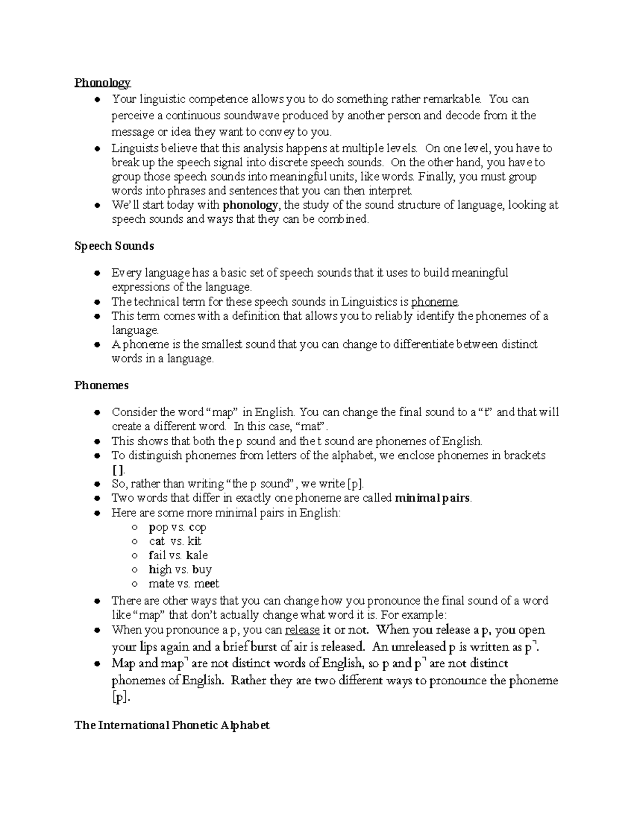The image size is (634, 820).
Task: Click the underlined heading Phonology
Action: (x=102, y=82)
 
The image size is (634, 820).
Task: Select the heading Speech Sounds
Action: (x=114, y=246)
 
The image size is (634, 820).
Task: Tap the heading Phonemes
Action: (x=101, y=385)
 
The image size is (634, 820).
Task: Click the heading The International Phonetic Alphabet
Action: (x=172, y=725)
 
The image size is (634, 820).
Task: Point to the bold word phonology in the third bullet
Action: (x=250, y=205)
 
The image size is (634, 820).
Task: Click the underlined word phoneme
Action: (x=434, y=302)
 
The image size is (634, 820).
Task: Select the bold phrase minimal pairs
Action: (x=432, y=498)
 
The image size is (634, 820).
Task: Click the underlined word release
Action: (x=302, y=630)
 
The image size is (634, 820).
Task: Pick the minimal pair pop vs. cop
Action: (x=178, y=527)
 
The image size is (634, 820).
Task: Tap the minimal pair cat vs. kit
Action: (x=175, y=541)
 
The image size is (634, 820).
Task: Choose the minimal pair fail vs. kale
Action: (x=178, y=555)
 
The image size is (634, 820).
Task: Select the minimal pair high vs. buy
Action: (x=180, y=570)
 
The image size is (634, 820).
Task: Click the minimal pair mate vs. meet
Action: (x=183, y=584)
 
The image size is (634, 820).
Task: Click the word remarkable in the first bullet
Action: (x=452, y=99)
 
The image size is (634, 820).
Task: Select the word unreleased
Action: (x=417, y=647)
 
